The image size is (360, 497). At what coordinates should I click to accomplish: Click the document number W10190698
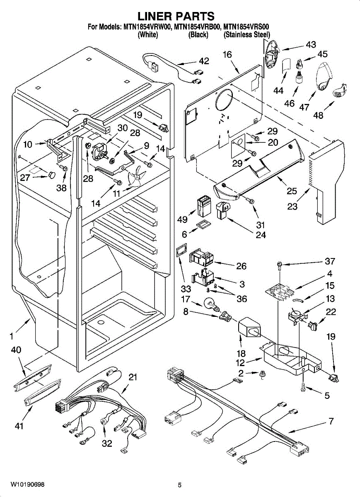[x=27, y=485]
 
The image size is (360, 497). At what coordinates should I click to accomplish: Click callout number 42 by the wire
[x=204, y=61]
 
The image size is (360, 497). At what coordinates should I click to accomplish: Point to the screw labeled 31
[x=250, y=201]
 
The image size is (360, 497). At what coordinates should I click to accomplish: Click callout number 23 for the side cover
[x=292, y=206]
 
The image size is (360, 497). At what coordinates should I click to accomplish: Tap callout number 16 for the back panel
[x=227, y=54]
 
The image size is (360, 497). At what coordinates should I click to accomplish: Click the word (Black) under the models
[x=198, y=35]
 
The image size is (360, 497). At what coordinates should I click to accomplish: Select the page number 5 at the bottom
[x=180, y=485]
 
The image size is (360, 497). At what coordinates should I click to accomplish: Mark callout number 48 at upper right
[x=318, y=115]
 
